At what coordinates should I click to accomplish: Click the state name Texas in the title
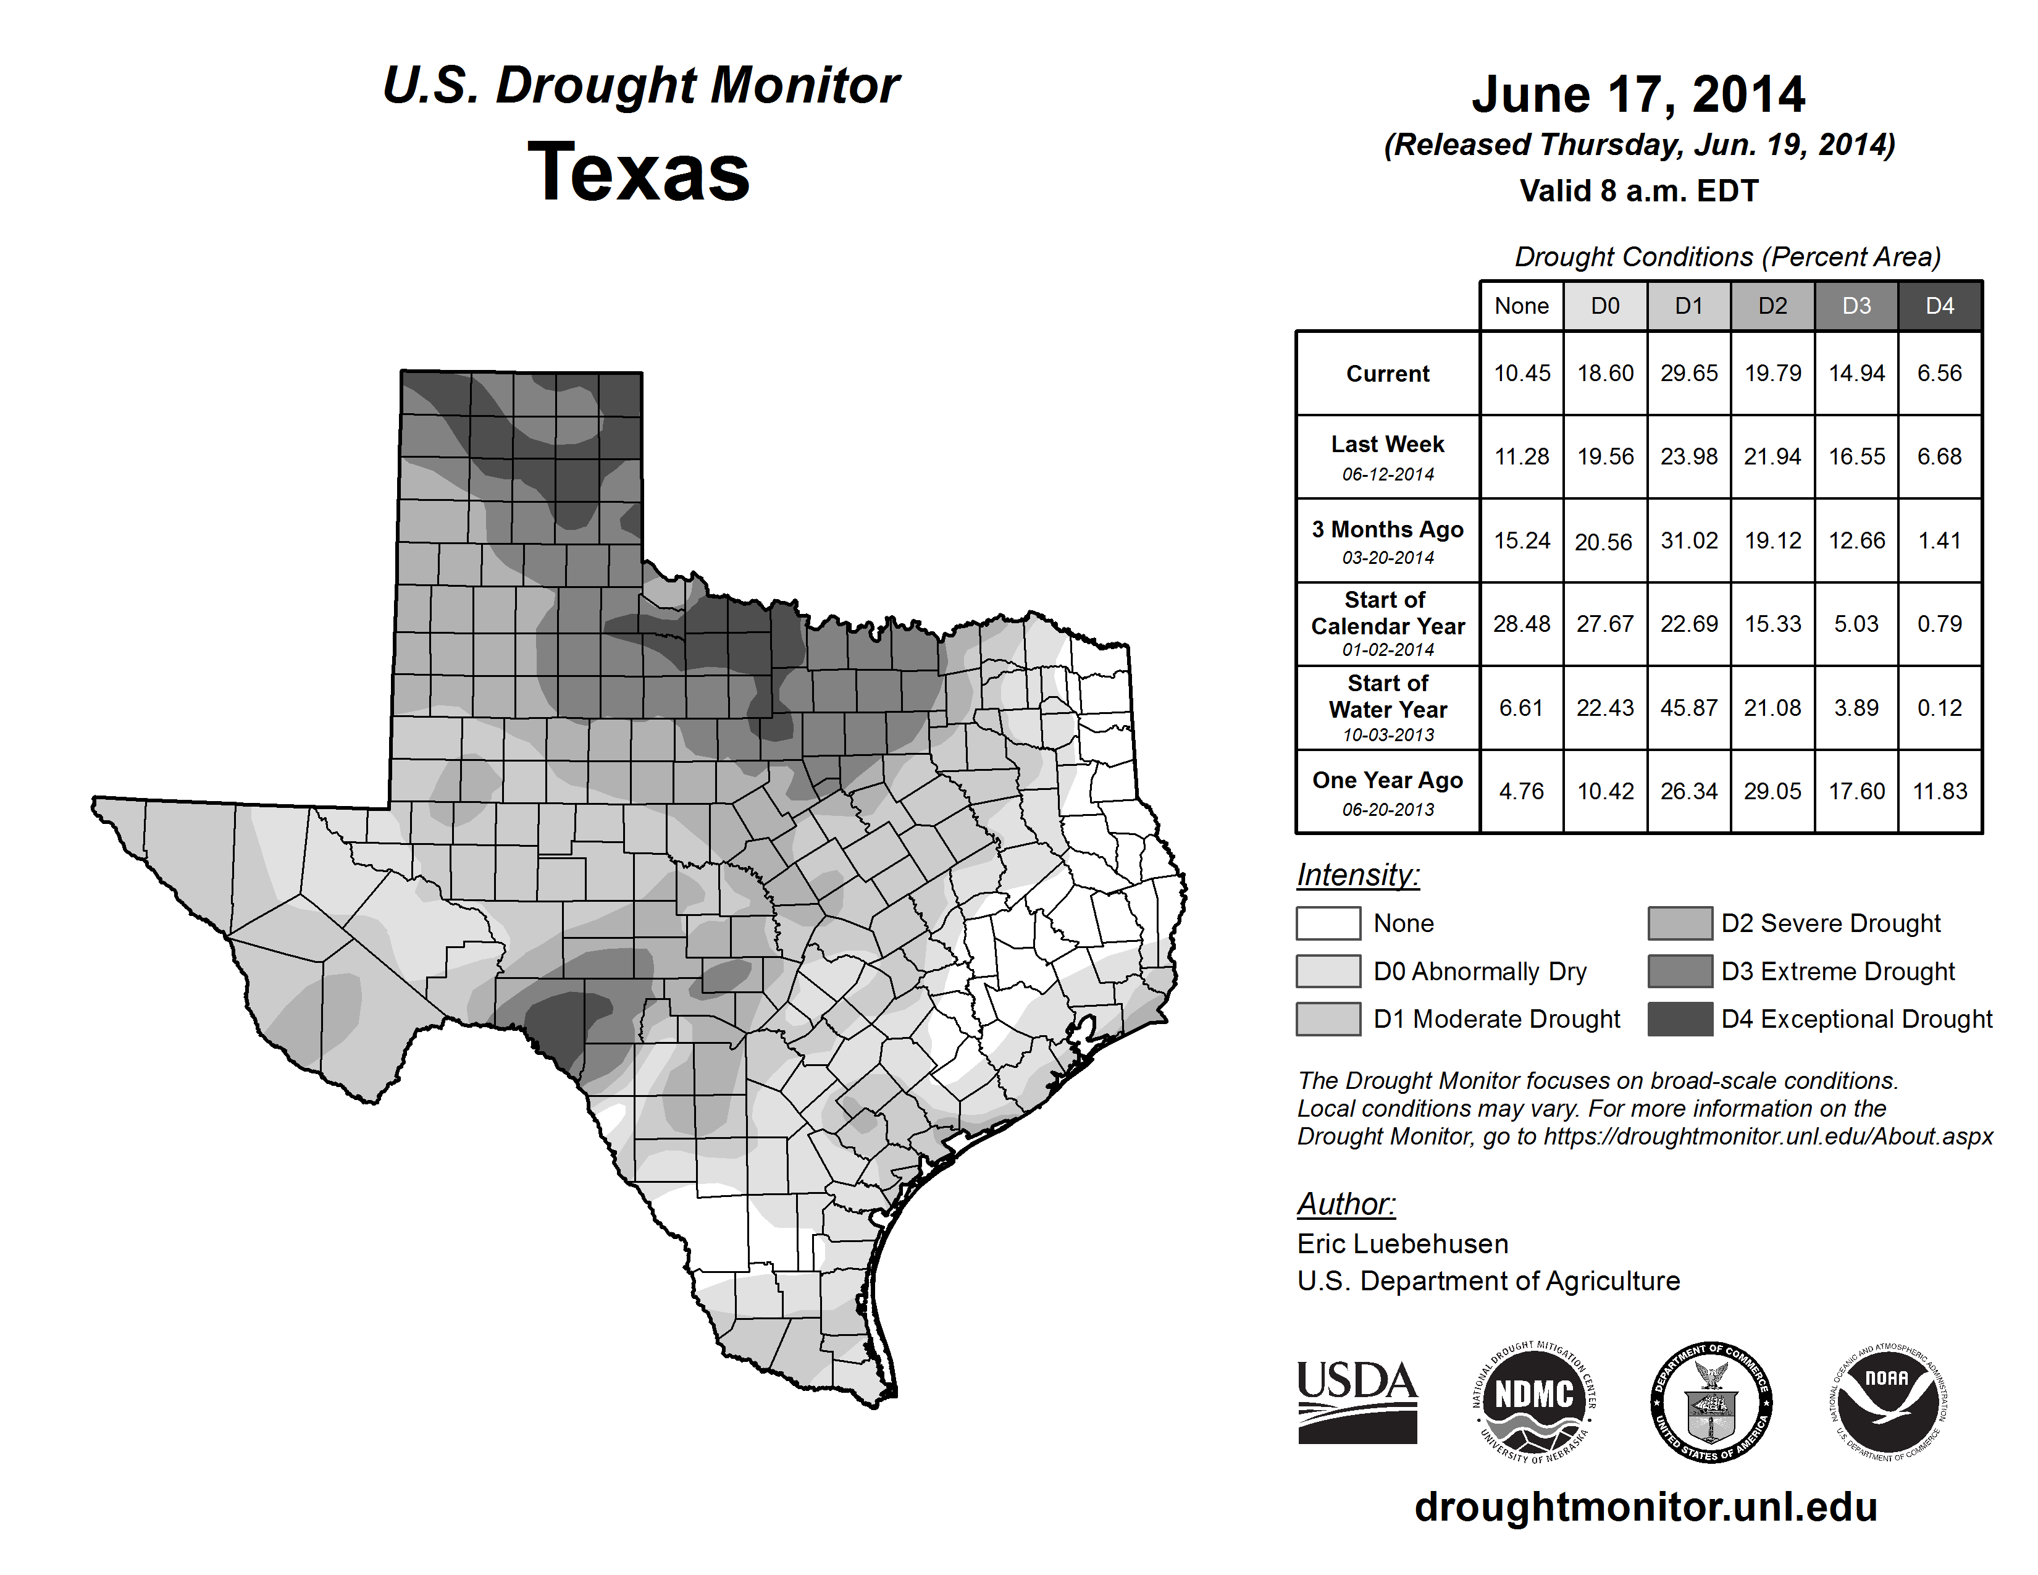639,172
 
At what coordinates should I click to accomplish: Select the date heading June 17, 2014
1638,95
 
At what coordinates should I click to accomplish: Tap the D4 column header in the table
1939,306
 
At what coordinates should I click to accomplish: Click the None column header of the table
1521,306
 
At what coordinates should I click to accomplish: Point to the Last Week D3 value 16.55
1856,456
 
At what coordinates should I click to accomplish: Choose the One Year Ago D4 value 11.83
1939,791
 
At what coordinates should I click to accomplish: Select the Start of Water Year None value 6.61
1521,708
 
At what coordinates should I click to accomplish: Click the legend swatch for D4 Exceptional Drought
1680,1019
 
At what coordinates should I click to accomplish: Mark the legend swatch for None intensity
1328,923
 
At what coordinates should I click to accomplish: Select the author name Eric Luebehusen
1403,1244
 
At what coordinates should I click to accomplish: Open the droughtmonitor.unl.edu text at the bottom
1645,1507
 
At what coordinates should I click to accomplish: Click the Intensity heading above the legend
1357,875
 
